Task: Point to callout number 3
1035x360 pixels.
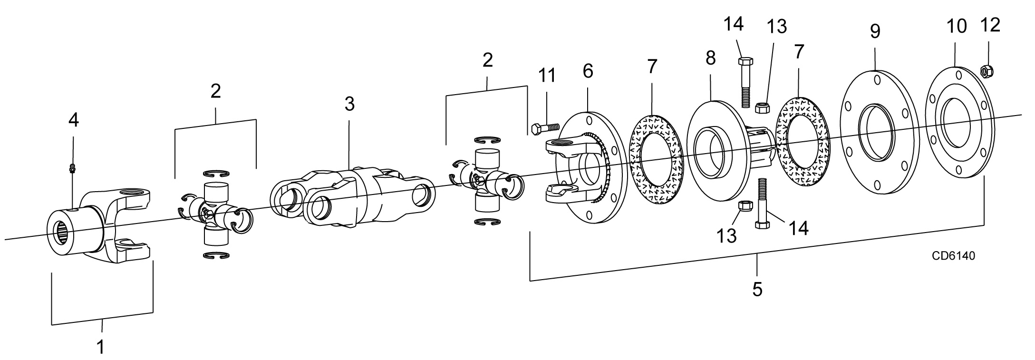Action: click(349, 104)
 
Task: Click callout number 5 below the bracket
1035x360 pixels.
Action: click(757, 289)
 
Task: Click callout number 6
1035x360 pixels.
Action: click(588, 71)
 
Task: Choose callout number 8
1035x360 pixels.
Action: click(710, 58)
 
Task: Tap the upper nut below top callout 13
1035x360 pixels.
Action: click(763, 107)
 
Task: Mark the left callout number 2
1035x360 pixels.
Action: click(215, 91)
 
